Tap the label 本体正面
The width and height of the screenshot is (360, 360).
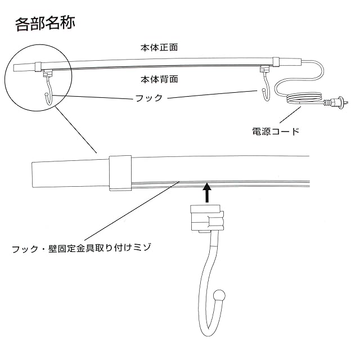159,47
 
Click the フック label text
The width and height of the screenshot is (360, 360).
149,98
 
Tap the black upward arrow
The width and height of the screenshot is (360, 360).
207,193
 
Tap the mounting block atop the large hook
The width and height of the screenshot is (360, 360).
206,218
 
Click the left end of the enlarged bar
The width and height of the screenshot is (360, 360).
35,174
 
